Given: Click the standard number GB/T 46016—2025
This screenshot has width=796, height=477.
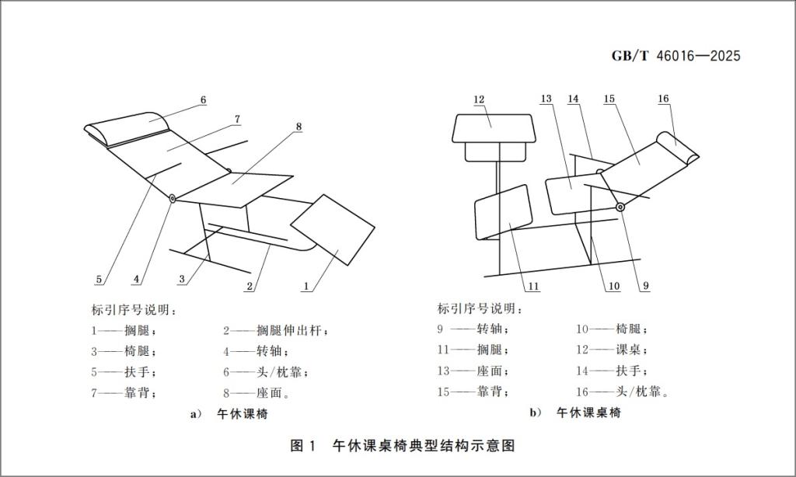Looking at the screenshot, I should coord(675,56).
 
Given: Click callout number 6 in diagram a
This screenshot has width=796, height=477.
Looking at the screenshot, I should coord(203,100).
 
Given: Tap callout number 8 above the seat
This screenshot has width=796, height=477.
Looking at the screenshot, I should coord(298,126).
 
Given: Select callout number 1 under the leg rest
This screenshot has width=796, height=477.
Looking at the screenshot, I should coord(307,286).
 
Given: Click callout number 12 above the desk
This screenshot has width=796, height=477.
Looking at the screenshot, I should coord(479,99).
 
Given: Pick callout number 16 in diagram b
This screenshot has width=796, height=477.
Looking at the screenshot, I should coord(663,99).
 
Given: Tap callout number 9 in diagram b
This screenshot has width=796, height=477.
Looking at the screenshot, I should coord(645,286).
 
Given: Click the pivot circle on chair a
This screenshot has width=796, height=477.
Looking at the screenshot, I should coord(172,199).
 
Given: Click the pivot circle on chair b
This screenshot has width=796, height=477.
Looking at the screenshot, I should coord(620,207).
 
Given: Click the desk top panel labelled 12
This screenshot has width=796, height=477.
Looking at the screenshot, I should coord(493,128).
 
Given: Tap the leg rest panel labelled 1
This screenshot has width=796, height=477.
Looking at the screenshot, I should coord(333,229).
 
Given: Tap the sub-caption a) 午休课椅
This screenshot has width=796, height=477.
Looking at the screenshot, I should coord(229,414).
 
